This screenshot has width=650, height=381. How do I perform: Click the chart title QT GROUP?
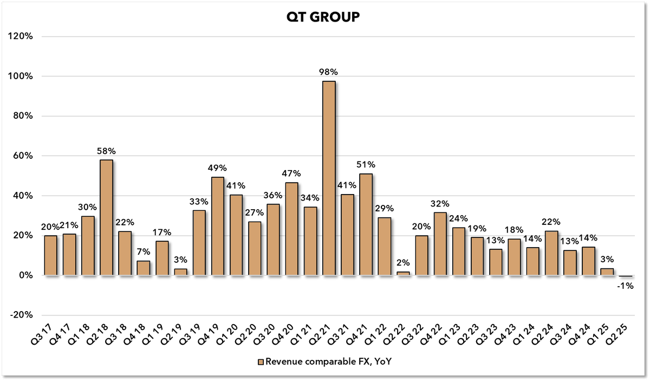323,18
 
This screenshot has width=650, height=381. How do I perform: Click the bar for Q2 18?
107,217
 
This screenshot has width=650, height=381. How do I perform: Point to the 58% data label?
107,150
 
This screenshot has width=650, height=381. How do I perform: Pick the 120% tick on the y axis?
22,36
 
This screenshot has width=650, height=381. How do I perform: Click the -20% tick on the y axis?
22,315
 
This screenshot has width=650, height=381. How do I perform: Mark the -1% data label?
626,285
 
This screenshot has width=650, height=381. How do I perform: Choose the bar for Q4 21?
366,224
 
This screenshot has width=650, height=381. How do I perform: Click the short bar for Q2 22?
403,274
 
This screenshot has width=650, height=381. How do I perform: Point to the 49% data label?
218,168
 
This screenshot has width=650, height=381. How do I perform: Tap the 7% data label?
144,251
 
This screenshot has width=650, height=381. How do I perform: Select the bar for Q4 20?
292,229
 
